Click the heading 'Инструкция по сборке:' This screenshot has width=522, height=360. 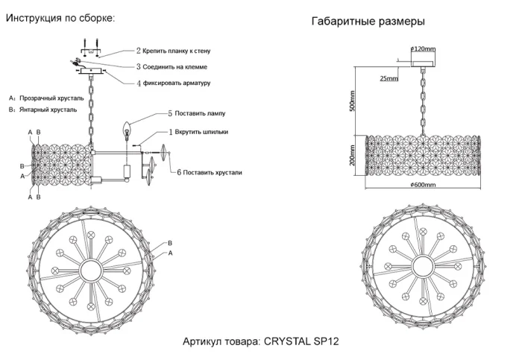[61, 18]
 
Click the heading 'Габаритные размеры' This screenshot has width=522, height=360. [368, 22]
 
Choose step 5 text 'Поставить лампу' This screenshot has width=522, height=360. [199, 113]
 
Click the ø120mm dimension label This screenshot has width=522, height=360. [423, 49]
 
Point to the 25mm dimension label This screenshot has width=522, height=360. [389, 78]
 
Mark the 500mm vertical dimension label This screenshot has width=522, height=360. [353, 101]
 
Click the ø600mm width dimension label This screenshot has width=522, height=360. [423, 184]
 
